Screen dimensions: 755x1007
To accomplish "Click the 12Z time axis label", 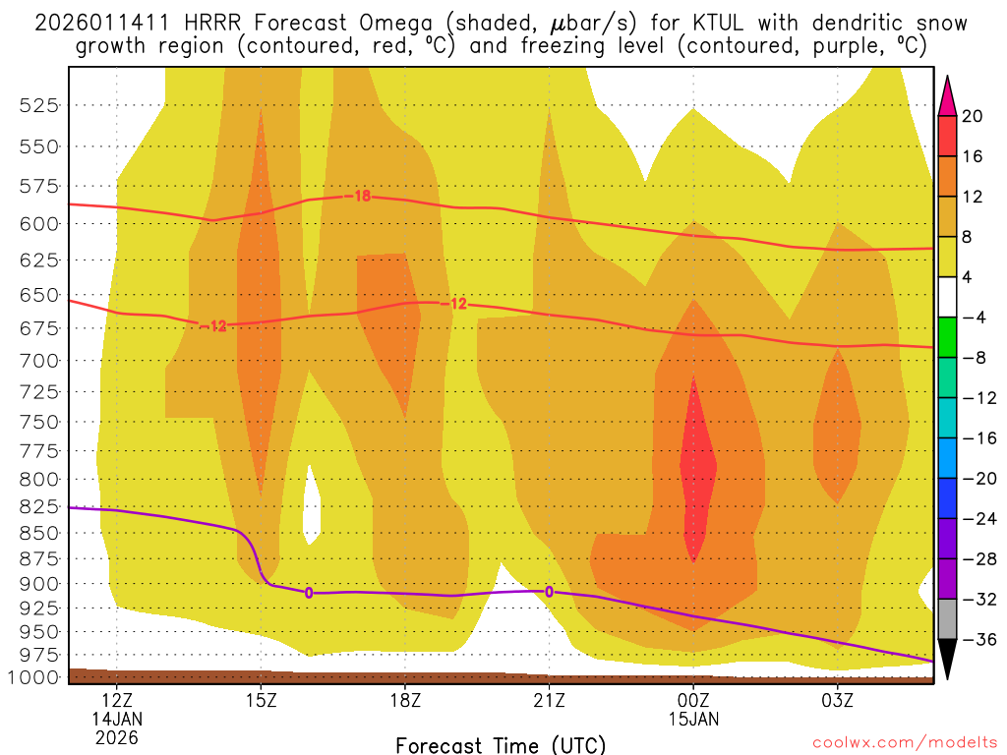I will (117, 701).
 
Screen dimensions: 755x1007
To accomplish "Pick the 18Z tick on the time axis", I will (405, 701).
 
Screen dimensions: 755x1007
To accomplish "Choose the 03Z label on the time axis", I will (837, 701).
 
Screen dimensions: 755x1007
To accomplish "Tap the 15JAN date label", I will (693, 719).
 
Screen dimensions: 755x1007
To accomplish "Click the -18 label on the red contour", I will (360, 196).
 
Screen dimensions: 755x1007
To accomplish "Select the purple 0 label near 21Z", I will (549, 591).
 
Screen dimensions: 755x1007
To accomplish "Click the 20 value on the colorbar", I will (974, 116).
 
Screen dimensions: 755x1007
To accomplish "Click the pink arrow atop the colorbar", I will (948, 95).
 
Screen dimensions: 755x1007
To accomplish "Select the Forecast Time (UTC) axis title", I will (501, 744).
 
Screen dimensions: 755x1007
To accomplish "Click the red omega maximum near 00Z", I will (697, 472).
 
